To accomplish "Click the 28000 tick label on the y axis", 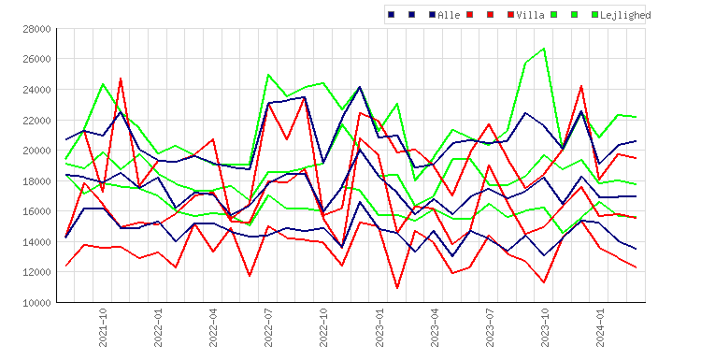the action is (36, 29).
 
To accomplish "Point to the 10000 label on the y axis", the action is (36, 303).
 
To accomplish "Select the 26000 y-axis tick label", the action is (36, 59).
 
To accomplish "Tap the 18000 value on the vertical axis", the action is (36, 181).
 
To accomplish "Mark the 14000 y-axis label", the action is (36, 242).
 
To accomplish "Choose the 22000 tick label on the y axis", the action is (36, 121).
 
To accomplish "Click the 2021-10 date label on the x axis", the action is (103, 328).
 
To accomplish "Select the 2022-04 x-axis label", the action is (213, 328).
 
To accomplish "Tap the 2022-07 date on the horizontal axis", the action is (268, 328).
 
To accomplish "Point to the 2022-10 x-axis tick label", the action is (323, 328).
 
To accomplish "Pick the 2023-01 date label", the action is (379, 328).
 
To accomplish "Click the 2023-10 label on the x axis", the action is (545, 328).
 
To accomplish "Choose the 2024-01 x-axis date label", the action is (600, 328).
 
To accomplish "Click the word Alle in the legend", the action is (449, 15).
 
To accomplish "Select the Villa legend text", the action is (530, 15).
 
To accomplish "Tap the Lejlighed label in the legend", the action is (625, 15).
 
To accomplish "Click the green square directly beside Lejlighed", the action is (594, 15).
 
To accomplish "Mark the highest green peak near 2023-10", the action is (544, 49).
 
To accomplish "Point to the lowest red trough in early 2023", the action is (397, 288).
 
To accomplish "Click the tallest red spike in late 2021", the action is (121, 79).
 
